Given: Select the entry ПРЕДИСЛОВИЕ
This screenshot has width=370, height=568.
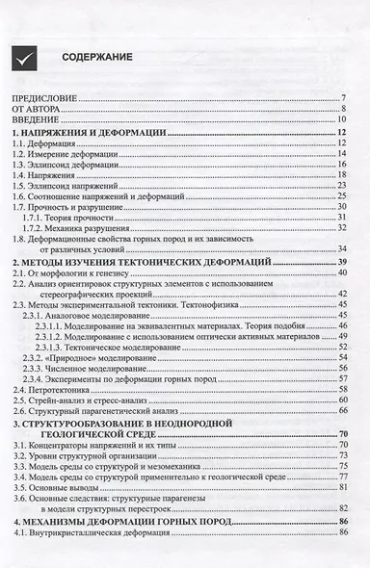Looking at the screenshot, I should tap(42, 99).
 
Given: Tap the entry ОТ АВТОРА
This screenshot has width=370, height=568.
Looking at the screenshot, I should tap(35, 110).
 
